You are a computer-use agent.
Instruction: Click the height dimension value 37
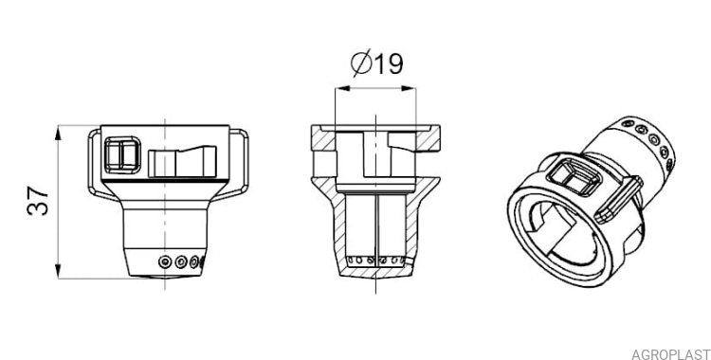(39, 201)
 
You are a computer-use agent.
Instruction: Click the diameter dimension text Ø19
(376, 63)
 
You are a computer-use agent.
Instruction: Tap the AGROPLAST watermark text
(670, 354)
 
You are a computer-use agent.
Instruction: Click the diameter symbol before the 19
(361, 63)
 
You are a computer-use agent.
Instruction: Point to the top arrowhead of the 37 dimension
(58, 135)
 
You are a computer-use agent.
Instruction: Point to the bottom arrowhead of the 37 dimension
(58, 270)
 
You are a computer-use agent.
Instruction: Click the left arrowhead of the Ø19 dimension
(343, 88)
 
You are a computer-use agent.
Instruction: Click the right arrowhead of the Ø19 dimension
(408, 88)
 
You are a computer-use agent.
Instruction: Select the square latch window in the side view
(122, 155)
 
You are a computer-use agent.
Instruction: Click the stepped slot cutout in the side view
(182, 161)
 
